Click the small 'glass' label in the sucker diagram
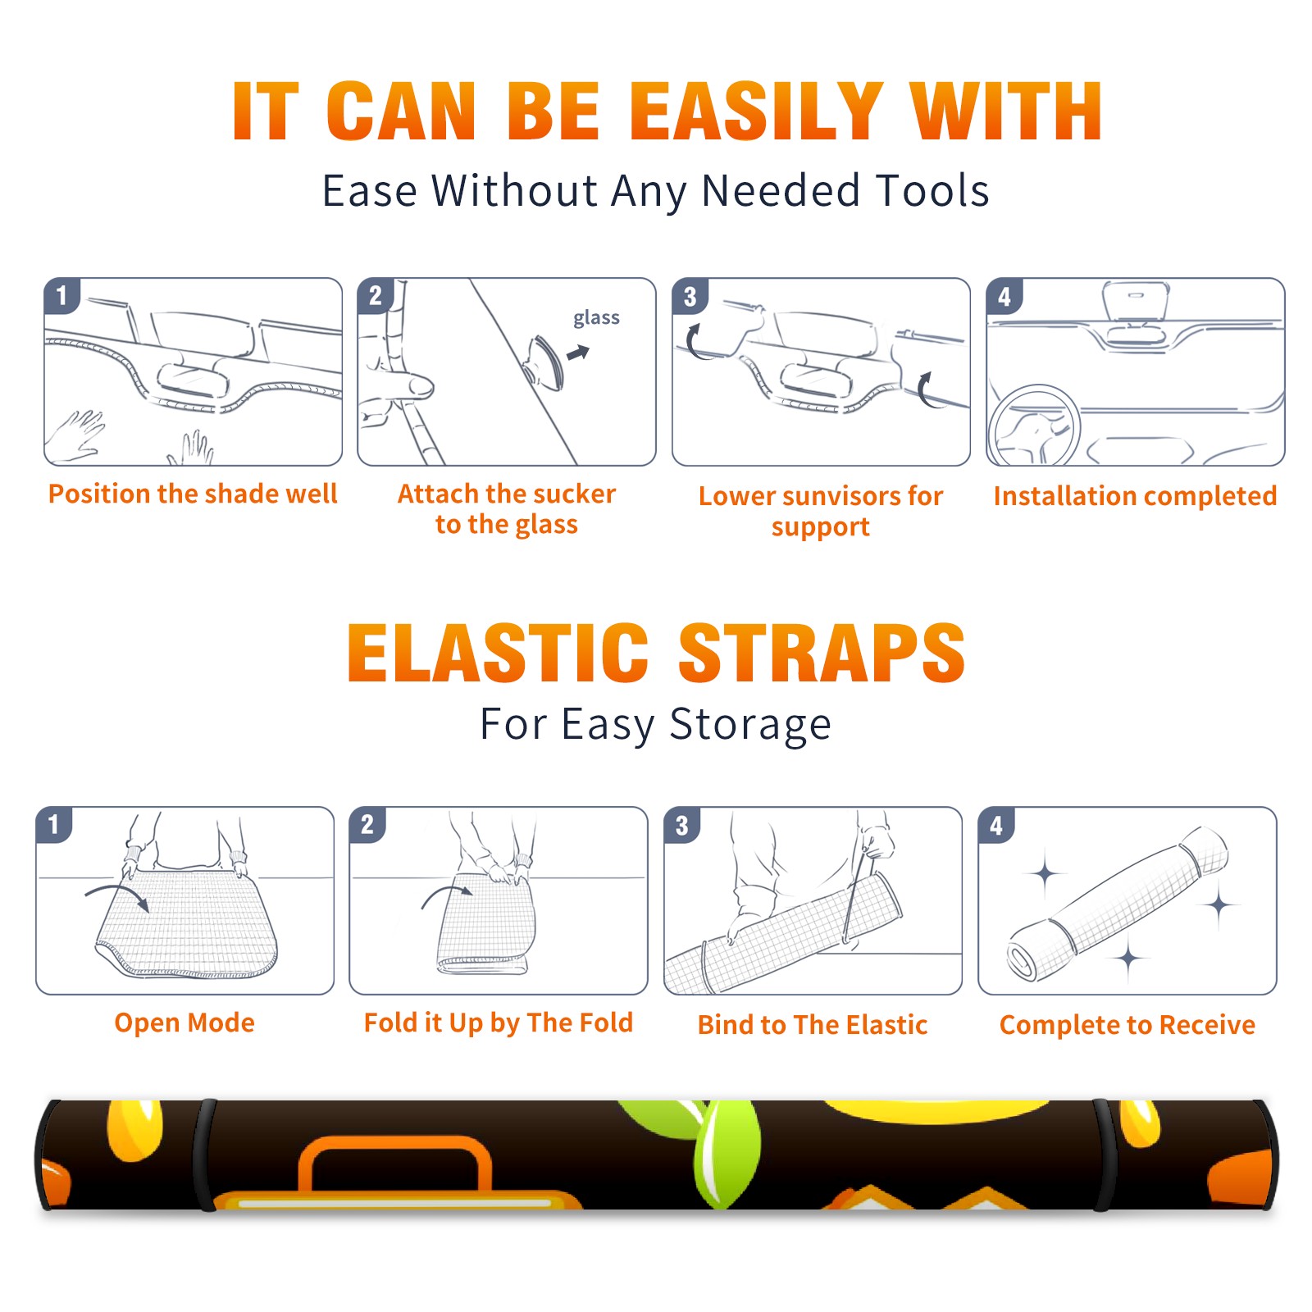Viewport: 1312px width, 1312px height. coord(596,317)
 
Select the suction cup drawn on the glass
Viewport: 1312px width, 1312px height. coord(544,362)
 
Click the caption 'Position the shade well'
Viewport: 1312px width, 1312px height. coord(193,494)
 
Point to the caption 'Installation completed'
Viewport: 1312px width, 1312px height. coord(1135,495)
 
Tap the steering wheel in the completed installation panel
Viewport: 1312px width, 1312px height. coord(1035,425)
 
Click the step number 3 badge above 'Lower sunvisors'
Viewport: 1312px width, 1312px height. coord(690,296)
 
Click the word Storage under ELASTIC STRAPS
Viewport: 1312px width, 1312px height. coord(750,725)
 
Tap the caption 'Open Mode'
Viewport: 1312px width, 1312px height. coord(184,1023)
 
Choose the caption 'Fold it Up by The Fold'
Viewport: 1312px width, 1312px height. coord(499,1023)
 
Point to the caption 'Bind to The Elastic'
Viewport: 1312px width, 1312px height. coord(813,1025)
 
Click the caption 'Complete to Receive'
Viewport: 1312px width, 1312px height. coord(1127,1025)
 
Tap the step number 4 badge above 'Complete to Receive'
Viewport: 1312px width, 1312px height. coord(996,825)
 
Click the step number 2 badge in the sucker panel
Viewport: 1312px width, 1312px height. coord(376,296)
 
